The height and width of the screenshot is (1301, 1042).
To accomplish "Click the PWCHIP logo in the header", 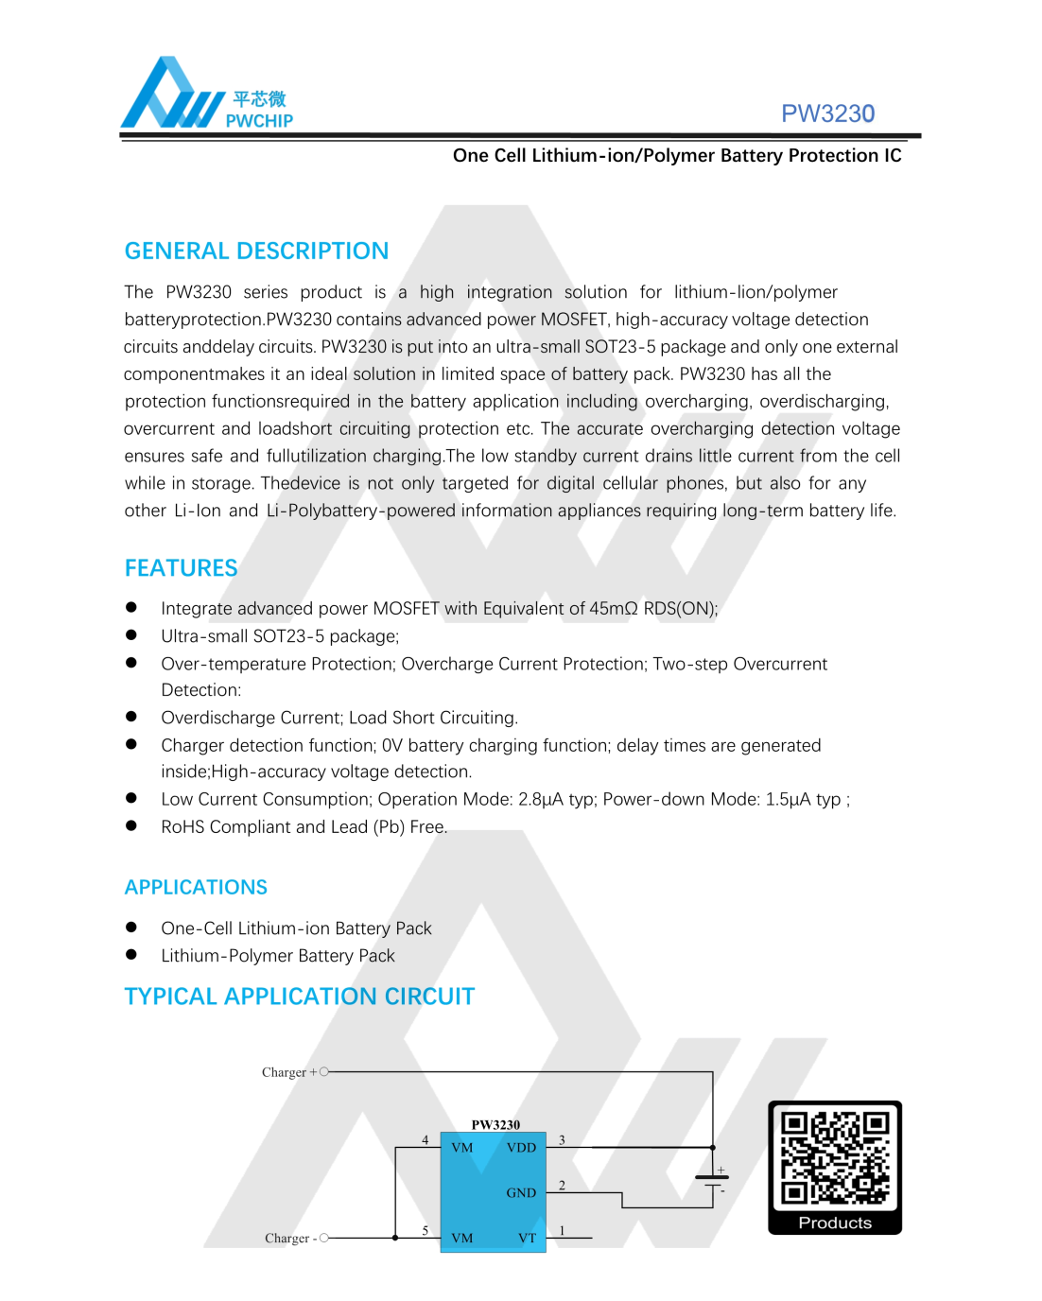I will point(206,95).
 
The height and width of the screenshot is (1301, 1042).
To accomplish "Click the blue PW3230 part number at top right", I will point(827,113).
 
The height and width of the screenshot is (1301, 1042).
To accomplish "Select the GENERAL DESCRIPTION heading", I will point(256,251).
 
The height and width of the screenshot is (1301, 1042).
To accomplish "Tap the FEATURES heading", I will point(181,568).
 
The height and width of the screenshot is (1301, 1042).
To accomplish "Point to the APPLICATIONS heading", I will point(196,887).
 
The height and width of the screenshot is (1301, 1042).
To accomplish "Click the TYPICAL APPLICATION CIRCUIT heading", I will point(299,997).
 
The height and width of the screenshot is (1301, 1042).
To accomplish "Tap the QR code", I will point(835,1159).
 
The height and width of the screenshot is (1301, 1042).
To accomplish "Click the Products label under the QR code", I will point(835,1223).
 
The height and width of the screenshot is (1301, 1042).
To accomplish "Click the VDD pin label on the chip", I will point(521,1148).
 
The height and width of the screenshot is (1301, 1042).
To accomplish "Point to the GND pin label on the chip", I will point(521,1193).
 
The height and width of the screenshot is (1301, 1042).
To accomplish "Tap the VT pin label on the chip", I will point(527,1238).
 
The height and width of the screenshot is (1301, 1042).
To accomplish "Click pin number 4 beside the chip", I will point(425,1140).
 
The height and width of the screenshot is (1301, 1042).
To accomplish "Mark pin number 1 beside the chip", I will point(562,1230).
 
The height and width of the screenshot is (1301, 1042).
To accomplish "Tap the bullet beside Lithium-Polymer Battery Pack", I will point(131,955).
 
